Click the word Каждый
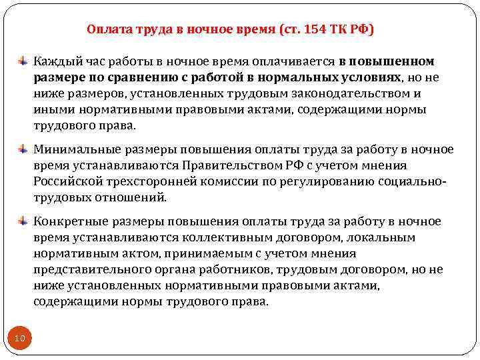(x=58, y=62)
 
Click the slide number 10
(x=20, y=339)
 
